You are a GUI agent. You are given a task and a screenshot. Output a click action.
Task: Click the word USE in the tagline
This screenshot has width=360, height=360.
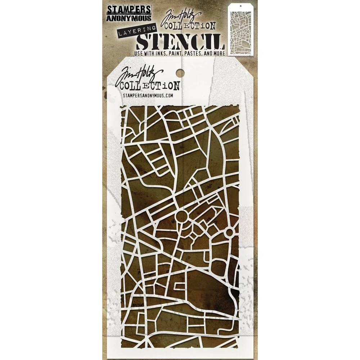(x=139, y=53)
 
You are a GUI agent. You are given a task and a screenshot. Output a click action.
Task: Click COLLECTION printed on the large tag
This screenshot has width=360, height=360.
(x=150, y=86)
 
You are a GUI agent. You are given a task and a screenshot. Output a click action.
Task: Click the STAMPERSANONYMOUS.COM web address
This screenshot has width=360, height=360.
(x=148, y=95)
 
